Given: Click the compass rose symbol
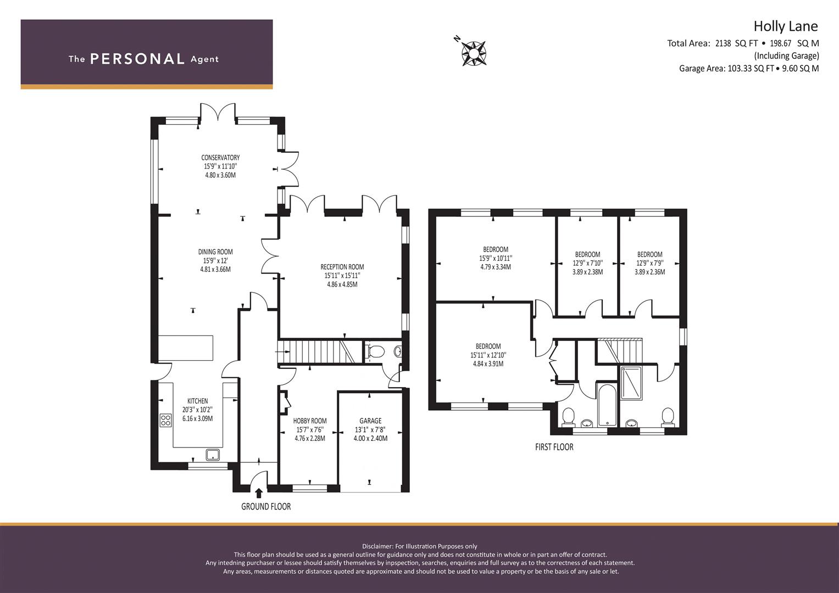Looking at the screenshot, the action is pos(474,54).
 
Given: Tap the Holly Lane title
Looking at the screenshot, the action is pos(786,26).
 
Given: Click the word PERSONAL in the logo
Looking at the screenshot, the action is pos(137,59).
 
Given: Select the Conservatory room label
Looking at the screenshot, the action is pos(220,158).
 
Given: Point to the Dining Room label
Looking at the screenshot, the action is pos(215,252).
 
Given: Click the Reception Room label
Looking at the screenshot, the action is pos(342,267).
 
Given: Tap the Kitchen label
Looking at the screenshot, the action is pos(197,401).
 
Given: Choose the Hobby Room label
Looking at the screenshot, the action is pos(310,421).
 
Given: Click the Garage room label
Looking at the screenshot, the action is pos(370,421).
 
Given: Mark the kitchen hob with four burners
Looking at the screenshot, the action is pos(165,420).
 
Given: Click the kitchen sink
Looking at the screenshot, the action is pos(213,455).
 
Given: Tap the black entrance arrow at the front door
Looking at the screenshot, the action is pos(258,493).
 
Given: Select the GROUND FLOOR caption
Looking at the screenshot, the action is pos(266,506).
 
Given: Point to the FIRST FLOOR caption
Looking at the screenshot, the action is pos(554,447).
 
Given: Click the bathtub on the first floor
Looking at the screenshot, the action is pos(607,405).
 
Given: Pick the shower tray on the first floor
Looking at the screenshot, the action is pos(631,383).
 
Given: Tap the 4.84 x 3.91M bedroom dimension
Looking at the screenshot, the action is pos(488,363).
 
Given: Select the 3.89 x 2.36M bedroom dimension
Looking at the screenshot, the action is pos(650,272).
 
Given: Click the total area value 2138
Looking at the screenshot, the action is pos(723,43).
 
